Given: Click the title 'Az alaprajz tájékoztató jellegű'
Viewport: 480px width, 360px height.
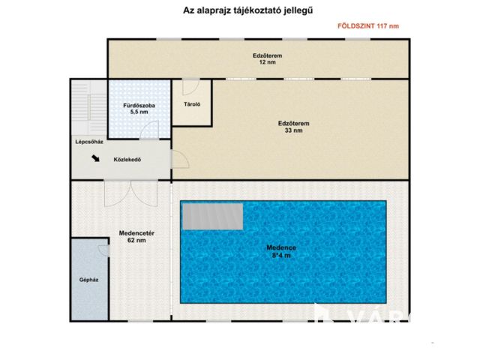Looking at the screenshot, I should point(238,10).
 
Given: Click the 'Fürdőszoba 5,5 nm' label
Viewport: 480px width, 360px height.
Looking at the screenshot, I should point(139,109).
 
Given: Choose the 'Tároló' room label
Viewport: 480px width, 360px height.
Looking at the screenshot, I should point(192,104).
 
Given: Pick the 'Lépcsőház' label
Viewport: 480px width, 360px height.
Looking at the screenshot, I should point(88,140).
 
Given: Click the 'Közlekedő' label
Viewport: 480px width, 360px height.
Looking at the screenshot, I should point(127,159).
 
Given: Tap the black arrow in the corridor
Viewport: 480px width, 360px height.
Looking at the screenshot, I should point(96,158).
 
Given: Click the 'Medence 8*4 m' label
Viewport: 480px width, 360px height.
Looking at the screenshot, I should point(282,252).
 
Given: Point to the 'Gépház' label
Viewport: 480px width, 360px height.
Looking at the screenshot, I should point(89,280).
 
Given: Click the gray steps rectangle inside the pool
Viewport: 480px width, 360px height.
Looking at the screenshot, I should point(213,217).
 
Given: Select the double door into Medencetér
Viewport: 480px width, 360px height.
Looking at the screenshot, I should point(130,193).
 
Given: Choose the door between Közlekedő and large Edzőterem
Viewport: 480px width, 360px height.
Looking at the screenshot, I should point(179,159).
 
